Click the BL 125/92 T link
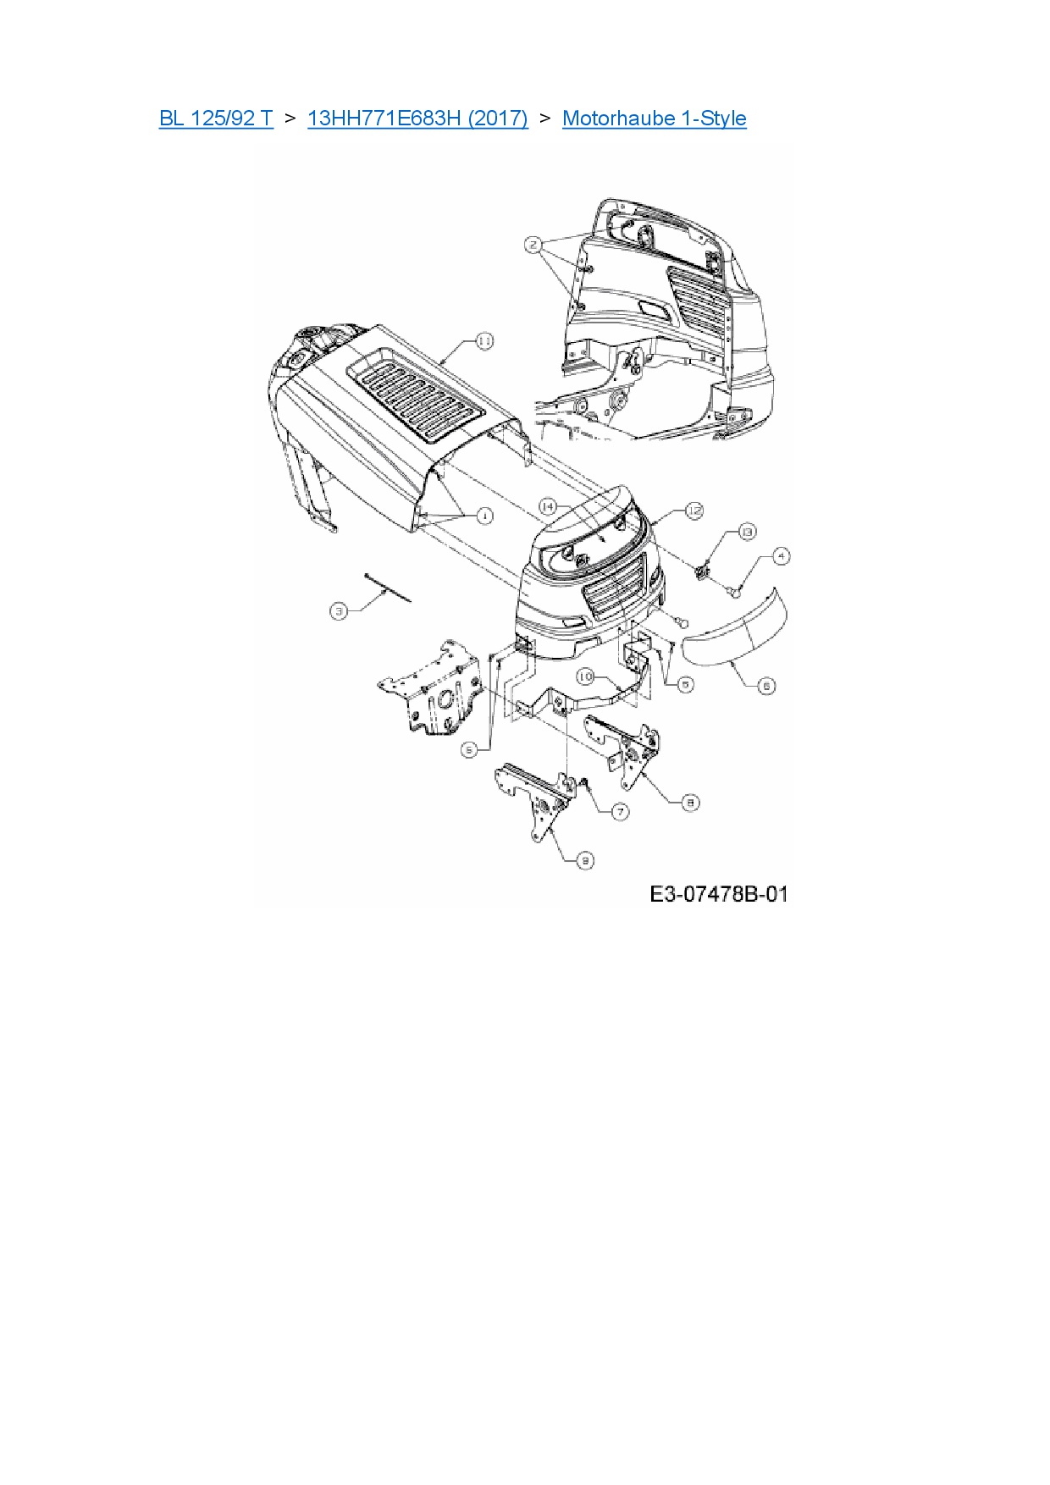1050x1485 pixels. pyautogui.click(x=216, y=119)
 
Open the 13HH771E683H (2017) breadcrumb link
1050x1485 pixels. pyautogui.click(x=417, y=119)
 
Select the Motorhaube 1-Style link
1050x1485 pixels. pyautogui.click(x=654, y=119)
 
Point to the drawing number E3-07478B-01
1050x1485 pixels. pyautogui.click(x=719, y=894)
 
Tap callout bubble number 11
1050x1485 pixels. pyautogui.click(x=484, y=341)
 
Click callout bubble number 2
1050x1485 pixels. pyautogui.click(x=533, y=246)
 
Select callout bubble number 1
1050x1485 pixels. pyautogui.click(x=484, y=515)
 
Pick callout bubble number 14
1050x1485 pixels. pyautogui.click(x=548, y=506)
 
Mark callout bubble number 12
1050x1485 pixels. pyautogui.click(x=694, y=511)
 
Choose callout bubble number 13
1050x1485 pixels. pyautogui.click(x=747, y=532)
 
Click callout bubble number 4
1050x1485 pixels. pyautogui.click(x=781, y=556)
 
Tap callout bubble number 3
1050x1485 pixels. pyautogui.click(x=339, y=610)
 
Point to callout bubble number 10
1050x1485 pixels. pyautogui.click(x=586, y=676)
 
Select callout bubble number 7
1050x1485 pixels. pyautogui.click(x=621, y=811)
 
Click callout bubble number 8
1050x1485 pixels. pyautogui.click(x=691, y=801)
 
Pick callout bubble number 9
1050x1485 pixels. pyautogui.click(x=585, y=860)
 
